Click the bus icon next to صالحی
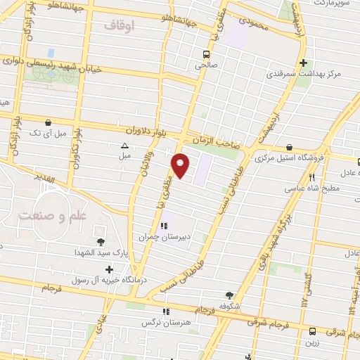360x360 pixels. pos(206,55)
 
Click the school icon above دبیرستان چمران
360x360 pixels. pos(165,226)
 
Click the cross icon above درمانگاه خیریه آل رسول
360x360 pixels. pos(109,269)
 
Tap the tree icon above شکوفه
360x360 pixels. pos(230,296)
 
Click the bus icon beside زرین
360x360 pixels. pos(313,330)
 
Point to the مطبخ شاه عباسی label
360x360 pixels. pos(312,188)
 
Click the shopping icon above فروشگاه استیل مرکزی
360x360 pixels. pos(288,147)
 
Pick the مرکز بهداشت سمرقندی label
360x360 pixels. pos(308,73)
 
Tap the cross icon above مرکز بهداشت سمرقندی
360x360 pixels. pos(303,62)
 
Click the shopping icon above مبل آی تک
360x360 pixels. pos(47,121)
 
